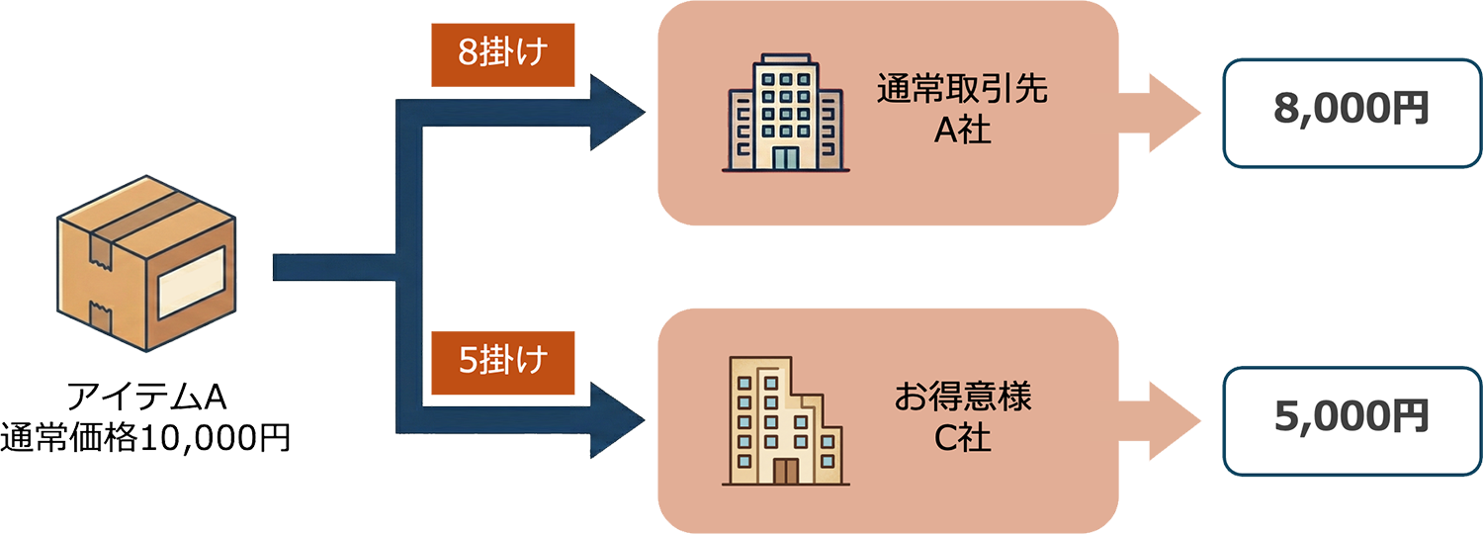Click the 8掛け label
pos(502,52)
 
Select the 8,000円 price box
pos(1352,112)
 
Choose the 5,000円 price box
pos(1352,418)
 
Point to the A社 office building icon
pos(785,114)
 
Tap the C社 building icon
pos(785,421)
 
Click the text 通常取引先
pos(962,91)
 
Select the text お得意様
pos(962,399)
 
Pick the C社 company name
pos(962,437)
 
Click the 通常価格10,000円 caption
pos(146,436)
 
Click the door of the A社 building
pos(785,158)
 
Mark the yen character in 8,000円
pos(1411,110)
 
